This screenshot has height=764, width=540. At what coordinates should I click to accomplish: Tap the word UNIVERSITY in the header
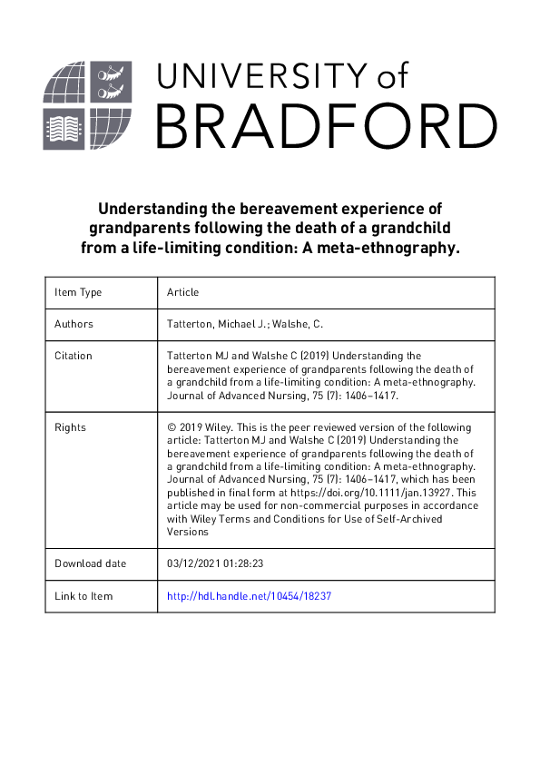[263, 76]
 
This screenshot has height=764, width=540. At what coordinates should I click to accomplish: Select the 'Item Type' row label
[78, 292]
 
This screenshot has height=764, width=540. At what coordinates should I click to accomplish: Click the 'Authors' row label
[74, 324]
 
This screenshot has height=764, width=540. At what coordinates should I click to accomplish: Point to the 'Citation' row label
[73, 356]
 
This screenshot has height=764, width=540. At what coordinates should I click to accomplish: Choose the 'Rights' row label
[70, 427]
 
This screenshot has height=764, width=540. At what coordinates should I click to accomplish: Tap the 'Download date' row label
[91, 563]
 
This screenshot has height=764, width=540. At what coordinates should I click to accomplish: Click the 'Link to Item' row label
[83, 596]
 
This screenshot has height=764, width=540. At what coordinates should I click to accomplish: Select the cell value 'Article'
[182, 292]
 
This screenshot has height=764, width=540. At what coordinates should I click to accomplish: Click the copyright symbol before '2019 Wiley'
[172, 427]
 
